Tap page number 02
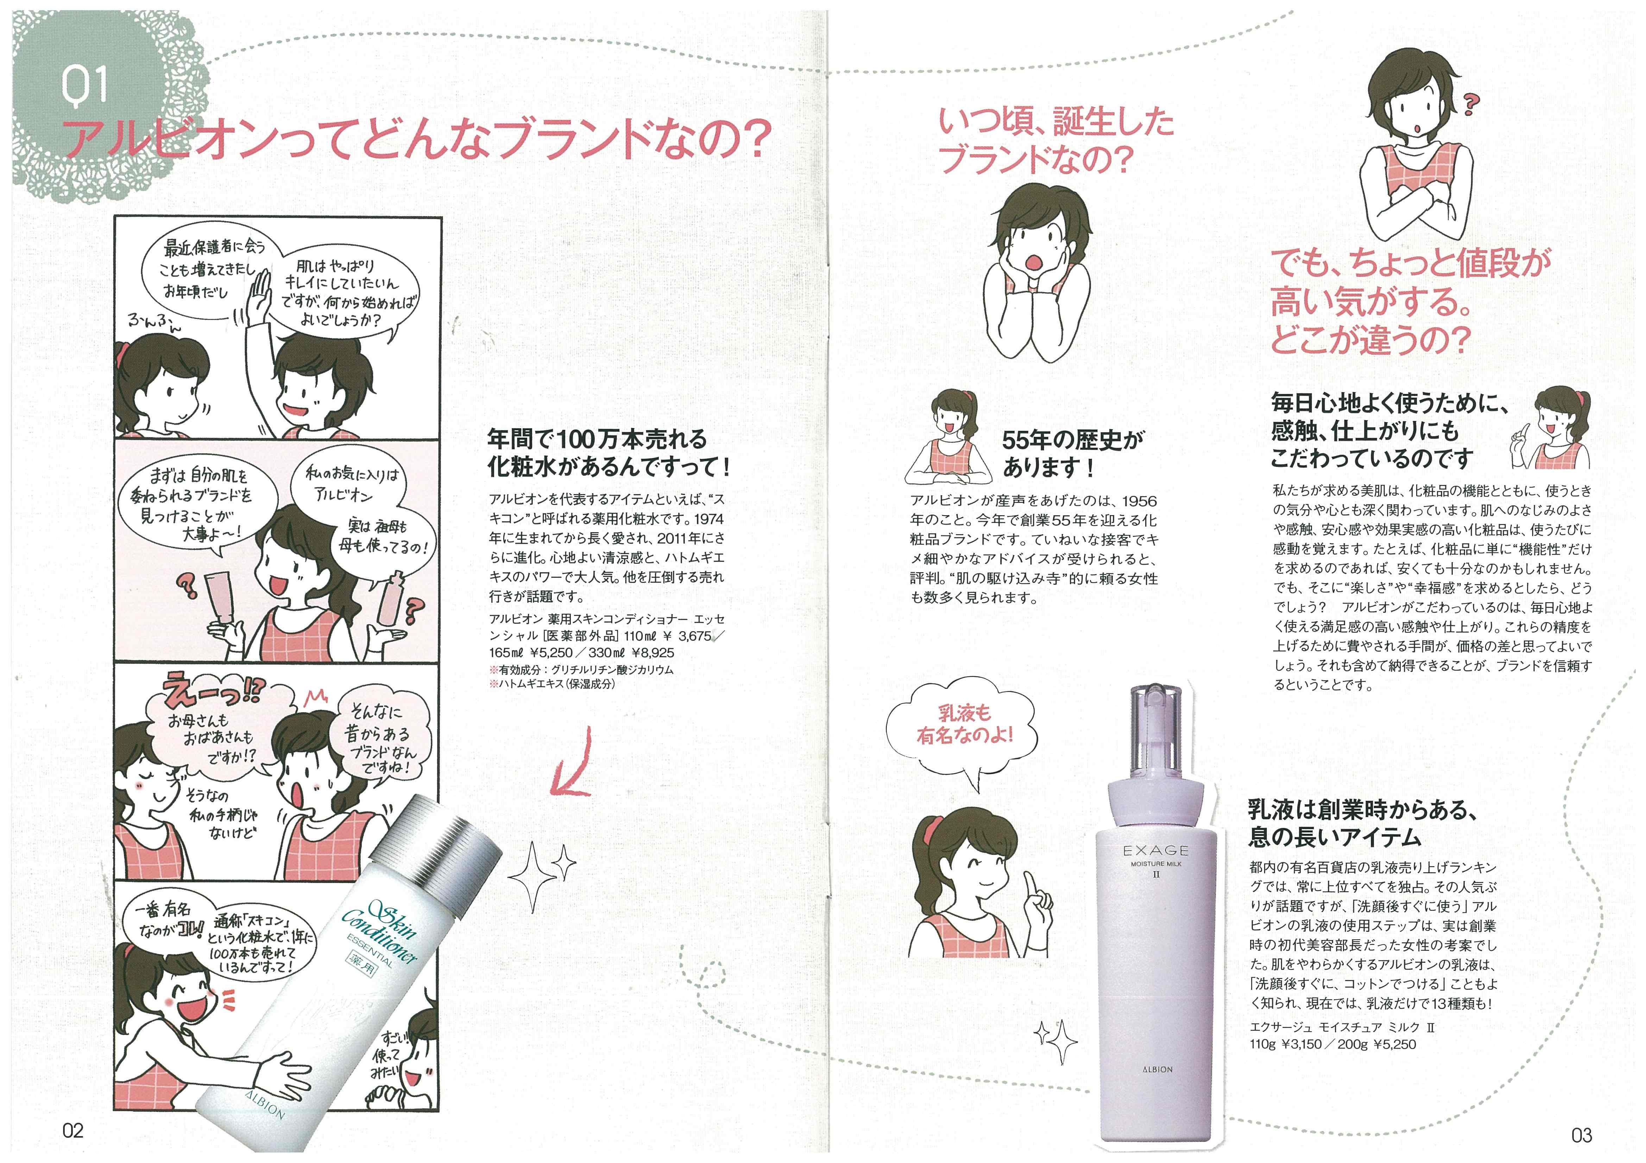73,1130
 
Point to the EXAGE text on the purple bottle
1156,851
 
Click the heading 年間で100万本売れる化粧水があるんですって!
608,453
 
